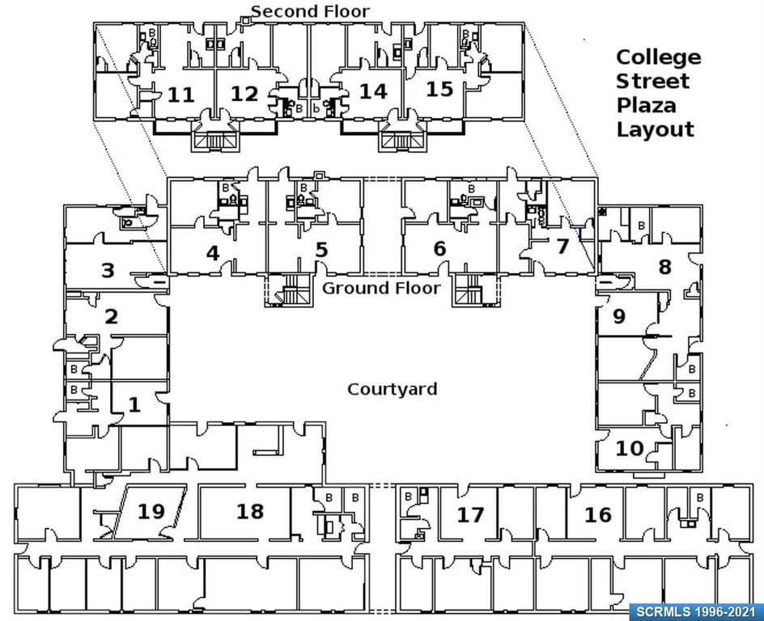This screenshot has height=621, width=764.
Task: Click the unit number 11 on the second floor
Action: pyautogui.click(x=181, y=95)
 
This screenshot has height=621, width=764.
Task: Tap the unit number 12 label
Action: pyautogui.click(x=244, y=94)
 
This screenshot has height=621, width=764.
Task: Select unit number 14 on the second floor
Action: pyautogui.click(x=373, y=91)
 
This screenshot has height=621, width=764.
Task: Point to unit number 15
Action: pyautogui.click(x=439, y=89)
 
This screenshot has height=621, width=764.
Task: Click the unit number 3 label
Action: pyautogui.click(x=108, y=271)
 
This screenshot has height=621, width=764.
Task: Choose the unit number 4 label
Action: pyautogui.click(x=213, y=254)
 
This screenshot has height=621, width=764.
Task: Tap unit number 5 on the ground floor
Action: pyautogui.click(x=321, y=250)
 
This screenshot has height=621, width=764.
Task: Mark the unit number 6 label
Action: pyautogui.click(x=439, y=249)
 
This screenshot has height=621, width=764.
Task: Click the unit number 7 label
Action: pyautogui.click(x=562, y=247)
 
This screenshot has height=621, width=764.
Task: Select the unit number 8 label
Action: pyautogui.click(x=665, y=268)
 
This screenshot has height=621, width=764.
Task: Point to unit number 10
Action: pyautogui.click(x=629, y=448)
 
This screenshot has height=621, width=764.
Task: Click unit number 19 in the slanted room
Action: pyautogui.click(x=151, y=511)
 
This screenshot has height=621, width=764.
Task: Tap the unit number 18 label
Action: pyautogui.click(x=250, y=511)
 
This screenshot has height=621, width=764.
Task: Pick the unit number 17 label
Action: pyautogui.click(x=470, y=514)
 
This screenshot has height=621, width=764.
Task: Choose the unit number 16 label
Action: pyautogui.click(x=598, y=514)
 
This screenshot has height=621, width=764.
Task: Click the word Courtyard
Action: pyautogui.click(x=393, y=390)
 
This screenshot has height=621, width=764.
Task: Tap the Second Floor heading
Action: pyautogui.click(x=310, y=11)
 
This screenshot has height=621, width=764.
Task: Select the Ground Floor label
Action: pyautogui.click(x=382, y=288)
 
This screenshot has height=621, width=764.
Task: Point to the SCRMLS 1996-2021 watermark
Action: pyautogui.click(x=696, y=611)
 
